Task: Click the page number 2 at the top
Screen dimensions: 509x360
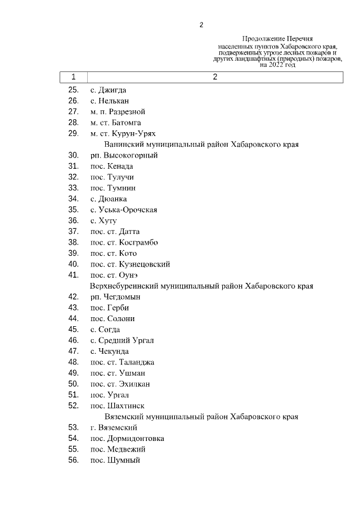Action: pos(201,25)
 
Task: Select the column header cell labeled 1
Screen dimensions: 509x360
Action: pos(73,78)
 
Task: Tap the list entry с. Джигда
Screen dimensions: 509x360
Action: pos(108,90)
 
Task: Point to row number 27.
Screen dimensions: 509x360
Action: pos(73,111)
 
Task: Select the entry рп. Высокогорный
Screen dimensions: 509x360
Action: pos(124,155)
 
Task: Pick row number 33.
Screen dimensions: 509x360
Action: pos(73,188)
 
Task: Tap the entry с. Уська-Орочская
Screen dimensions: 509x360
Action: pos(123,210)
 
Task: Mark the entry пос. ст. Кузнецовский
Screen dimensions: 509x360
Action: pos(130,264)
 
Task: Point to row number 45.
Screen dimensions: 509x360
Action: pos(73,330)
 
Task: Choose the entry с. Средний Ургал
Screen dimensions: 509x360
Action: pos(122,340)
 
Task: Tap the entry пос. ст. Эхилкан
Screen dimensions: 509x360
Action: pos(120,384)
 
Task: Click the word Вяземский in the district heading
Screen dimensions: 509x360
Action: pos(124,417)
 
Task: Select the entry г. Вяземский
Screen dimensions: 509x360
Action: pos(114,428)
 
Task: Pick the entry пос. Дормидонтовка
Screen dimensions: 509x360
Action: pos(127,439)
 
